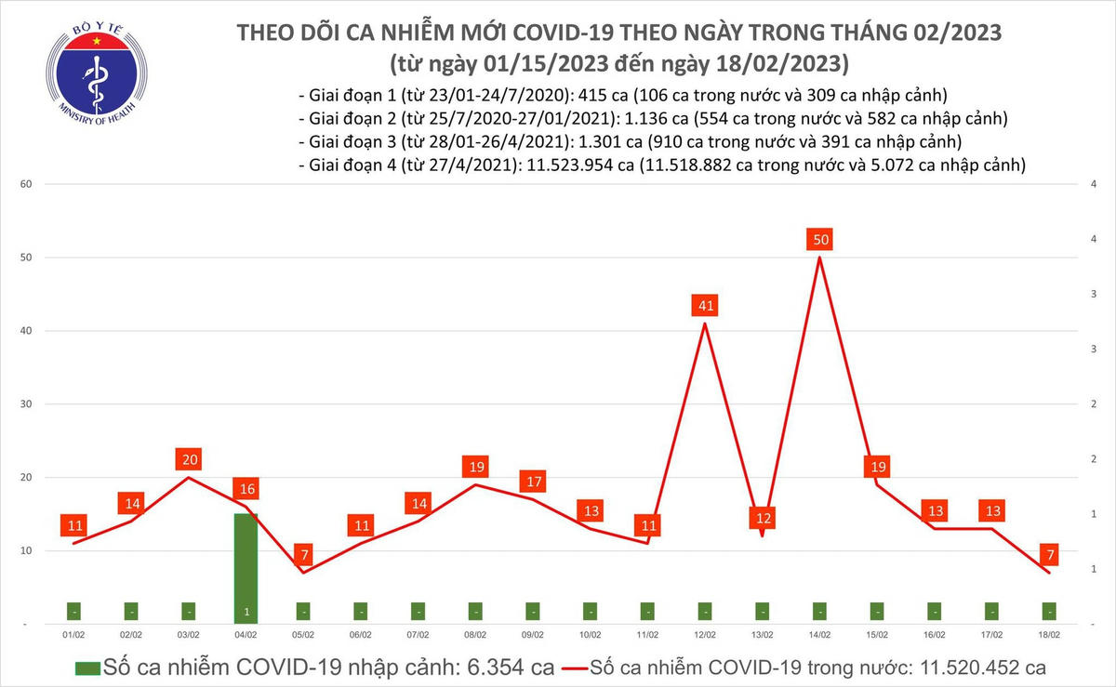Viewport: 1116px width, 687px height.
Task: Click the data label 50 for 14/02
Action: (820, 240)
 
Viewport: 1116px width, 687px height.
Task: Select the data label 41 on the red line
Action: (705, 305)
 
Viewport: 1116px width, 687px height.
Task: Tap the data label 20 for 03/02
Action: (189, 459)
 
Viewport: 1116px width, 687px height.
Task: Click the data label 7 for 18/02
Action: (1049, 555)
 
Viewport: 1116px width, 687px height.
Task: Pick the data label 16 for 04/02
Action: (246, 489)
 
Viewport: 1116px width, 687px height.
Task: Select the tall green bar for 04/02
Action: (246, 567)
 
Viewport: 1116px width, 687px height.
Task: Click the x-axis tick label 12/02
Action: (704, 635)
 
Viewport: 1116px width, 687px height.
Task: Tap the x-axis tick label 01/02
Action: (73, 635)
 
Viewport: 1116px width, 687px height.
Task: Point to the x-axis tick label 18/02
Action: (1049, 635)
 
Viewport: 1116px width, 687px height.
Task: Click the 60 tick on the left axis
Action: (26, 184)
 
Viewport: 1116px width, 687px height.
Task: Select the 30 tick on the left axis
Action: (26, 404)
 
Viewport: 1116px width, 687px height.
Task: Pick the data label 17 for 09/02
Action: (533, 482)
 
